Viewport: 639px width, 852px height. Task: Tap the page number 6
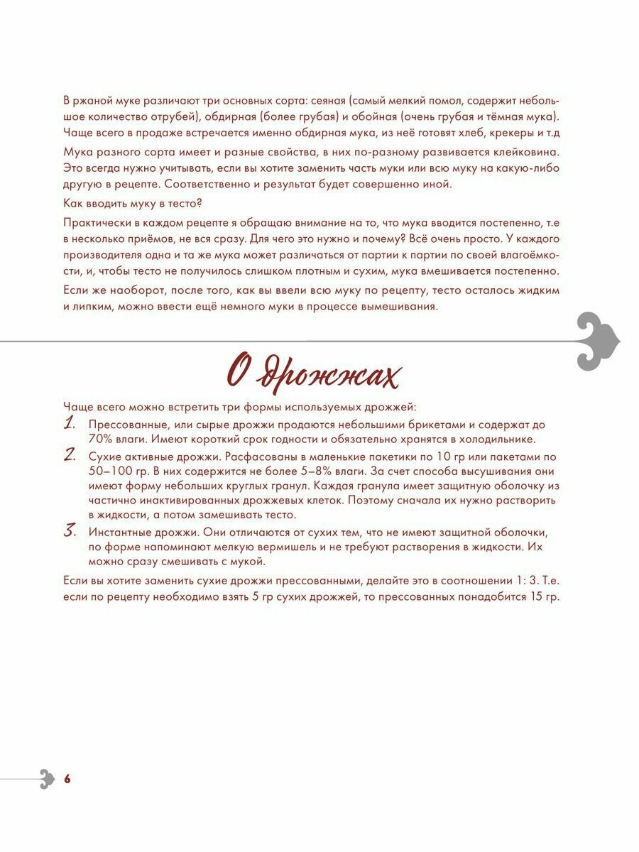pyautogui.click(x=67, y=779)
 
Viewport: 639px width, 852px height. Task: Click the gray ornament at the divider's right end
pyautogui.click(x=599, y=342)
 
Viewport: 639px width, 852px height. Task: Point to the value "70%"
pyautogui.click(x=99, y=439)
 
